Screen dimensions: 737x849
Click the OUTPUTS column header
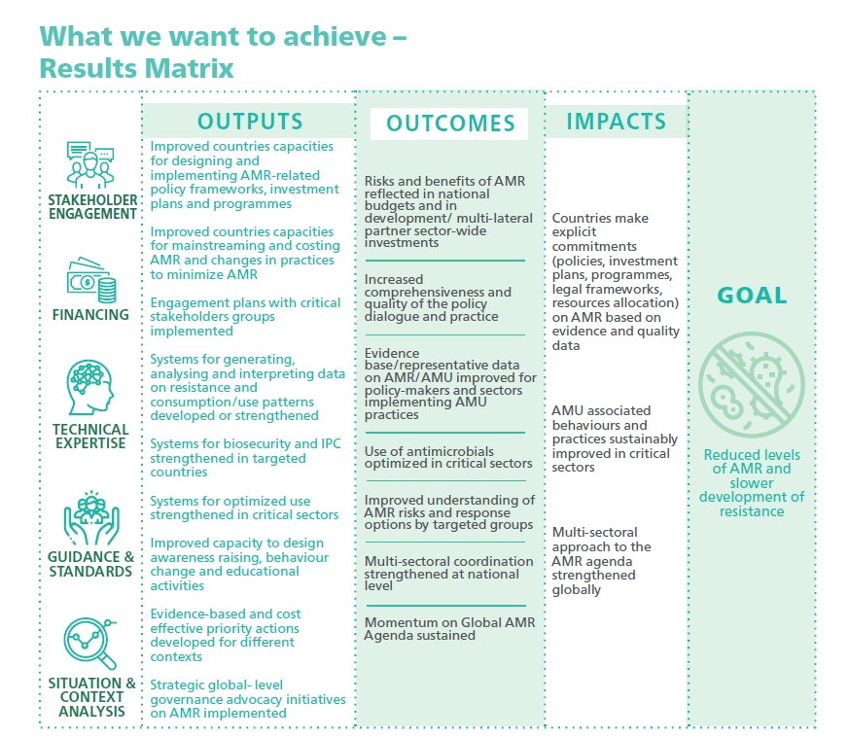point(250,122)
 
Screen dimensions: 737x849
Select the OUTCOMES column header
point(450,123)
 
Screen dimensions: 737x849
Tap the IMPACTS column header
point(617,122)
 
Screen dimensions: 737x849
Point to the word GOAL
point(752,296)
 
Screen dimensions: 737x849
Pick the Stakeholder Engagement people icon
point(91,165)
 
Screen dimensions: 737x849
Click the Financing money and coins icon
point(90,279)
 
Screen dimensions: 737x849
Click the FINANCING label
point(90,315)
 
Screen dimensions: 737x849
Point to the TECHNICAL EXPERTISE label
point(90,436)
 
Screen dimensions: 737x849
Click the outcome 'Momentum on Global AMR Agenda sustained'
point(449,629)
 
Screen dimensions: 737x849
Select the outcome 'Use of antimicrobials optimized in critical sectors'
point(448,458)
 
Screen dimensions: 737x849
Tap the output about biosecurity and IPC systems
point(244,458)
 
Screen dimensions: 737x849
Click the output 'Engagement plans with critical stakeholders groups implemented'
point(245,317)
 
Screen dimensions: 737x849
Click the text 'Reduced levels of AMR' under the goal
point(752,462)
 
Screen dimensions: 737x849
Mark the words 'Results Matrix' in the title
point(136,68)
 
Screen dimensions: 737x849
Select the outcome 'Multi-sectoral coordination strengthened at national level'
point(449,574)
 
